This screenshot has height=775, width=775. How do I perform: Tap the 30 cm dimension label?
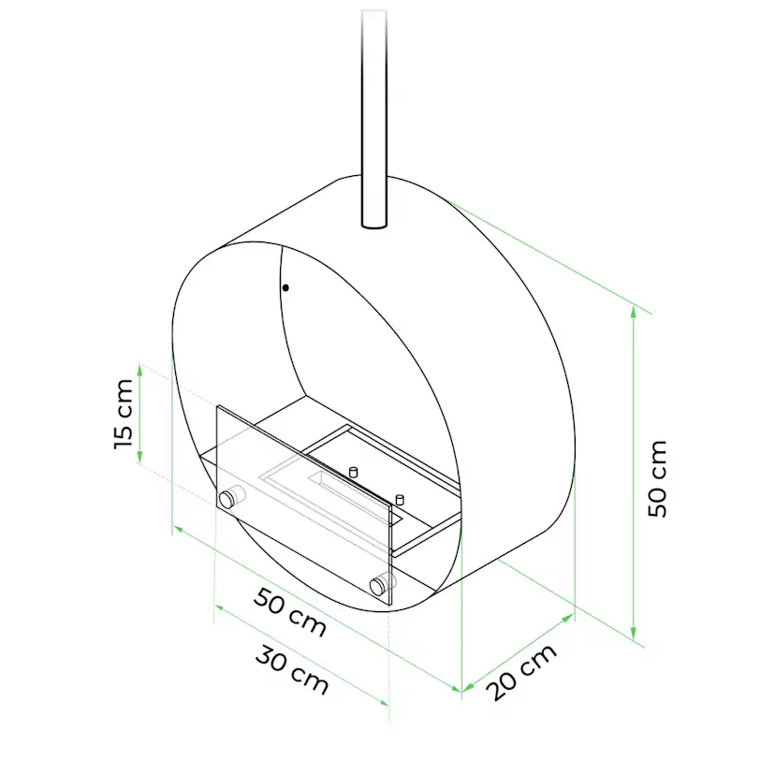pos(292,671)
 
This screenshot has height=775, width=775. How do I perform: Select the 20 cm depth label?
pos(522,673)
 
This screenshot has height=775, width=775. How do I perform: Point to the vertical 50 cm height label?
pos(657,478)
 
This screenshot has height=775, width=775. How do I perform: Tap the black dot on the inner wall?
pos(285,287)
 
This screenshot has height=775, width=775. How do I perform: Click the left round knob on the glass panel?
pos(227,499)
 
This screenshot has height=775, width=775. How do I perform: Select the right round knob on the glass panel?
pos(380,586)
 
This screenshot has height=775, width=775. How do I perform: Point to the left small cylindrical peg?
pos(353,472)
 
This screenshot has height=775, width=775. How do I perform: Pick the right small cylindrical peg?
pos(400,499)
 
